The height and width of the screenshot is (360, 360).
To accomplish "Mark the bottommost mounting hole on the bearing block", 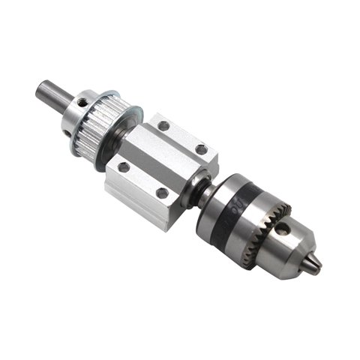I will [162, 193].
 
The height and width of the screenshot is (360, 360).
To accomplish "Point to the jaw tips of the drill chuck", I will [317, 263].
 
